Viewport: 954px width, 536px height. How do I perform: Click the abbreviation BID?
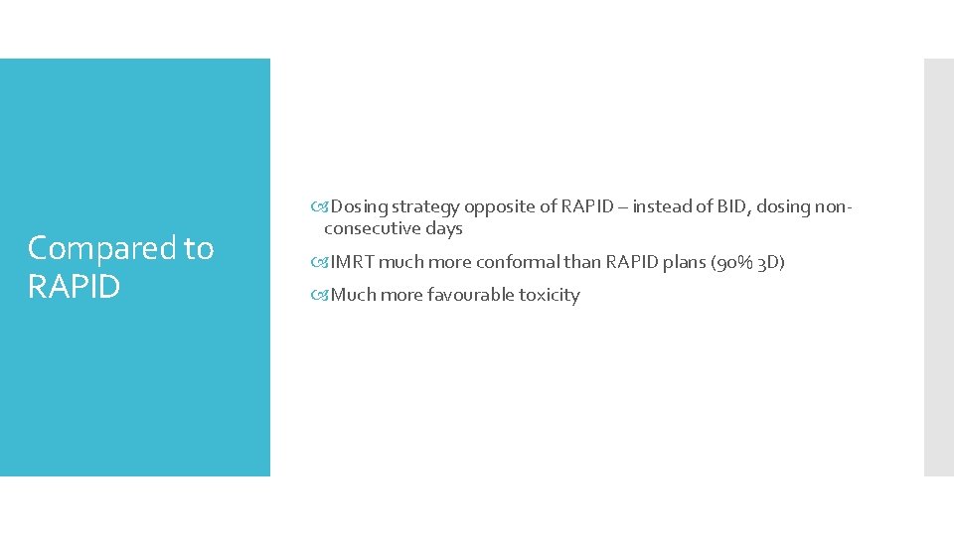734,206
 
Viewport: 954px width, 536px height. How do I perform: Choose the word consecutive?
372,228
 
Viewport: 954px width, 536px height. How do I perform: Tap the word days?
443,228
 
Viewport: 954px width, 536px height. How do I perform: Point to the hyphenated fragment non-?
833,206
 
